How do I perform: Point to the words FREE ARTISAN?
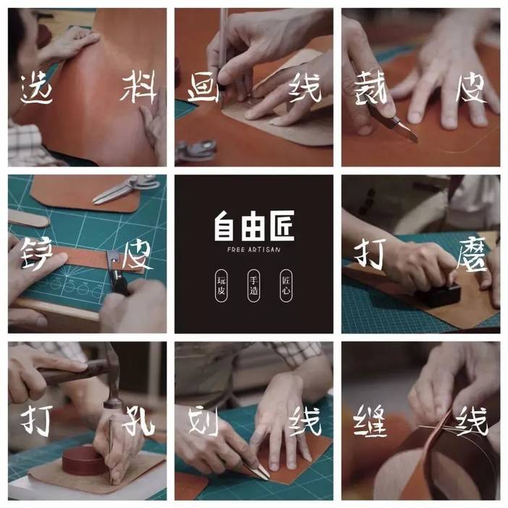[x=253, y=250]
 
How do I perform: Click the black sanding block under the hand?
[x=437, y=293]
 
